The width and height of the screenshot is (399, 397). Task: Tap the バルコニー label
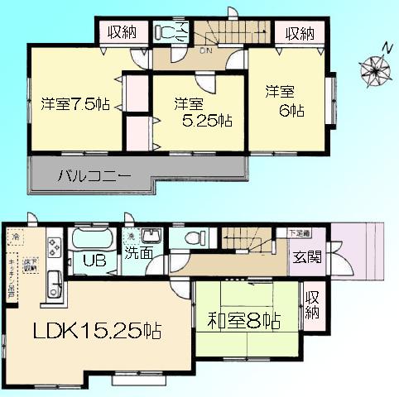[x=94, y=175]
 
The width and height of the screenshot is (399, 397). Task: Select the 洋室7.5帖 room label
[x=76, y=105]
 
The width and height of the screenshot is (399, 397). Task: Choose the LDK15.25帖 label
[x=97, y=331]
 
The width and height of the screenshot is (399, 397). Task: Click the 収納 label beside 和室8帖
[x=311, y=304]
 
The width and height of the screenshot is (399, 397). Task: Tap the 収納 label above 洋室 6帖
[x=300, y=33]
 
